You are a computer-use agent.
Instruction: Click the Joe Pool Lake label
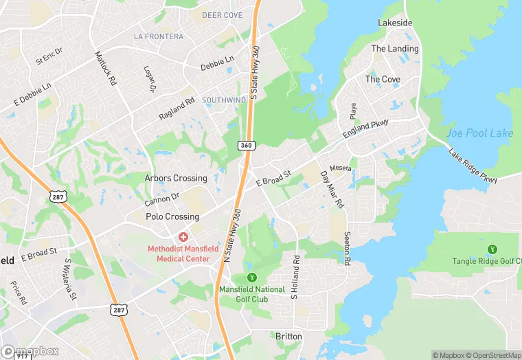coord(479,133)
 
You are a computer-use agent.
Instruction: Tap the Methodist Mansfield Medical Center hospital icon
coord(183,237)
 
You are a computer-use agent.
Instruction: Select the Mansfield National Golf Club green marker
coord(251,278)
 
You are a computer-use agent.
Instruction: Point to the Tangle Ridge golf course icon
coord(491,249)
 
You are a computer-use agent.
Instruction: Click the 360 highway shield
coord(246,145)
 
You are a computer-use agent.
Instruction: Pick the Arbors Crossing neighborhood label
coord(176,178)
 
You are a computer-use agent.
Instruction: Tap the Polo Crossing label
coord(172,216)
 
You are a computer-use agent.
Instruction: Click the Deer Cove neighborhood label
coord(223,14)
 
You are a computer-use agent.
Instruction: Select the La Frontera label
coord(159,36)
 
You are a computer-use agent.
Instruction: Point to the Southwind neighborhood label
coord(224,100)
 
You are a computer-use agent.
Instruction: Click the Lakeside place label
coord(395,23)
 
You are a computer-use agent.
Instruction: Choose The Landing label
coord(394,49)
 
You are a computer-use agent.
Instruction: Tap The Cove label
coord(383,79)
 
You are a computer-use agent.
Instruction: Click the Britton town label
coord(288,336)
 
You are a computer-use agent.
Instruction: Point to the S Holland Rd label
coord(296,278)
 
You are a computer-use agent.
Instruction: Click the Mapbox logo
coord(31,351)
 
